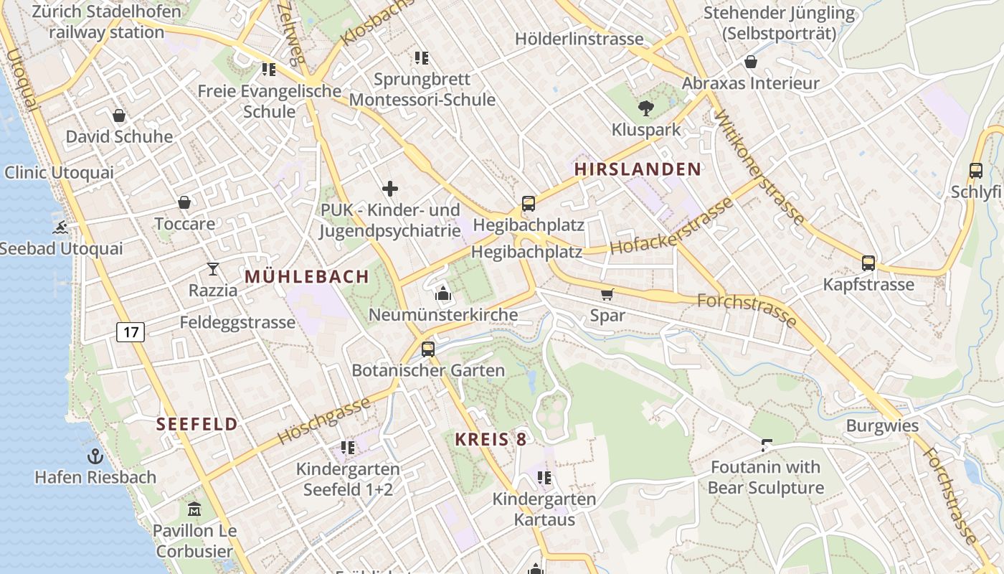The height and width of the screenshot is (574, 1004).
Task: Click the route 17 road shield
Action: pos(130,331)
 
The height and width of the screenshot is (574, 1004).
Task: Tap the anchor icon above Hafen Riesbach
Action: pos(95,456)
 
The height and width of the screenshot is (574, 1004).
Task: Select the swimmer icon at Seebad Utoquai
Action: pos(61,228)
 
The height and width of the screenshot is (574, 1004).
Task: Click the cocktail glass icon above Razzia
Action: pos(212,269)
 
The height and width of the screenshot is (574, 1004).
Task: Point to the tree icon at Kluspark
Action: pos(645,108)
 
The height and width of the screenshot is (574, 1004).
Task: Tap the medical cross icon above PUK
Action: pos(389,189)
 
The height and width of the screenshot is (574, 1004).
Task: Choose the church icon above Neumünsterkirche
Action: pos(442,293)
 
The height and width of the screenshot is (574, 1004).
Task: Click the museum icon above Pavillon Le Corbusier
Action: pos(194,509)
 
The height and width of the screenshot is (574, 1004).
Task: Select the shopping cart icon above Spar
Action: pos(607,294)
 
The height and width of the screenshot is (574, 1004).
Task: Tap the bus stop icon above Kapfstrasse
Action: pos(868,263)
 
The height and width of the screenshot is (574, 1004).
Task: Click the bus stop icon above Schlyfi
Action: pos(975,171)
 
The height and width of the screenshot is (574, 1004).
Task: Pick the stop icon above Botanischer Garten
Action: pos(427,349)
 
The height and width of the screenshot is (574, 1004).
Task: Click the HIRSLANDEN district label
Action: pos(638,169)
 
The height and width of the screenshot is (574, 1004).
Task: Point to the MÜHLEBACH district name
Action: pos(307,276)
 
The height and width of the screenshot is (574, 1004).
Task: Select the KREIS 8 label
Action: pos(491,440)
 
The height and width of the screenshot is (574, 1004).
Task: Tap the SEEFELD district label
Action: pos(197,424)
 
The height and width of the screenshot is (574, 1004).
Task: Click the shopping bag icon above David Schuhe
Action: pos(119,116)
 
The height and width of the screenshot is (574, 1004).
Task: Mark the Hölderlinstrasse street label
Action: pos(579,39)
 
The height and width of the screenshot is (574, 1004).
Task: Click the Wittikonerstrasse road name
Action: pos(759,167)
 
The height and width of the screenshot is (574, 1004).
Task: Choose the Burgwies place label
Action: pos(882,425)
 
